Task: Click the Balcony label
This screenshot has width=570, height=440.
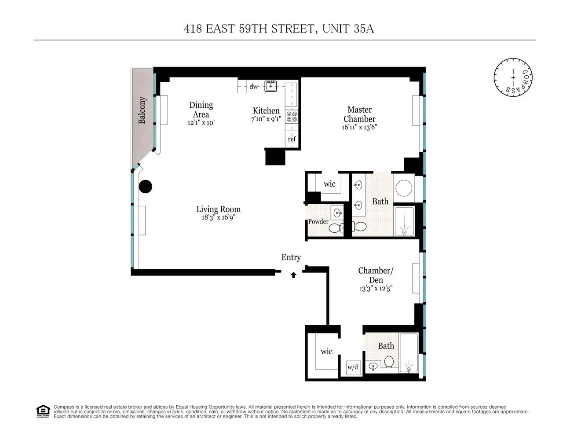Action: pyautogui.click(x=142, y=110)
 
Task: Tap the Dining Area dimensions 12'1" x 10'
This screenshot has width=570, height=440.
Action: pyautogui.click(x=201, y=123)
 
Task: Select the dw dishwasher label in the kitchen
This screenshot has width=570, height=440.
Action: pyautogui.click(x=254, y=87)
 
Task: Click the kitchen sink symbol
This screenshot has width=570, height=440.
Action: pyautogui.click(x=270, y=86)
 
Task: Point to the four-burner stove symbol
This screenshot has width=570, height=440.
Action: pyautogui.click(x=292, y=117)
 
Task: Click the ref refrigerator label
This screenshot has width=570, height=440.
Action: pyautogui.click(x=292, y=139)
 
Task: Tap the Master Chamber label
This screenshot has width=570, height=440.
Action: pyautogui.click(x=359, y=114)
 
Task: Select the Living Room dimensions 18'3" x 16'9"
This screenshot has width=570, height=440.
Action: pyautogui.click(x=219, y=217)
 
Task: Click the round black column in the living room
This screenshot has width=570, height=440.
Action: pyautogui.click(x=146, y=187)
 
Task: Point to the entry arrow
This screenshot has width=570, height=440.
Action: pyautogui.click(x=293, y=275)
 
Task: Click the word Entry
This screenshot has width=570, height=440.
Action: pyautogui.click(x=291, y=257)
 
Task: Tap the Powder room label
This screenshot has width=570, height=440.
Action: pyautogui.click(x=318, y=221)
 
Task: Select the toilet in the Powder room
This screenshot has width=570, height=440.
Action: pyautogui.click(x=335, y=228)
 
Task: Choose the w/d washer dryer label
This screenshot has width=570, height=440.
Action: pyautogui.click(x=353, y=367)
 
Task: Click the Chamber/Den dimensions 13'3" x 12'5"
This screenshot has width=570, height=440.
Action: pyautogui.click(x=376, y=289)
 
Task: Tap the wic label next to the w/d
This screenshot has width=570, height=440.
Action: pyautogui.click(x=326, y=351)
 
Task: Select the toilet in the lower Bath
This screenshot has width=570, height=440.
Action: pyautogui.click(x=389, y=362)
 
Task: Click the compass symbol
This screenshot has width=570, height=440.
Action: pyautogui.click(x=513, y=77)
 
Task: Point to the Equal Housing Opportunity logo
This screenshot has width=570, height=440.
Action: pyautogui.click(x=43, y=411)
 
